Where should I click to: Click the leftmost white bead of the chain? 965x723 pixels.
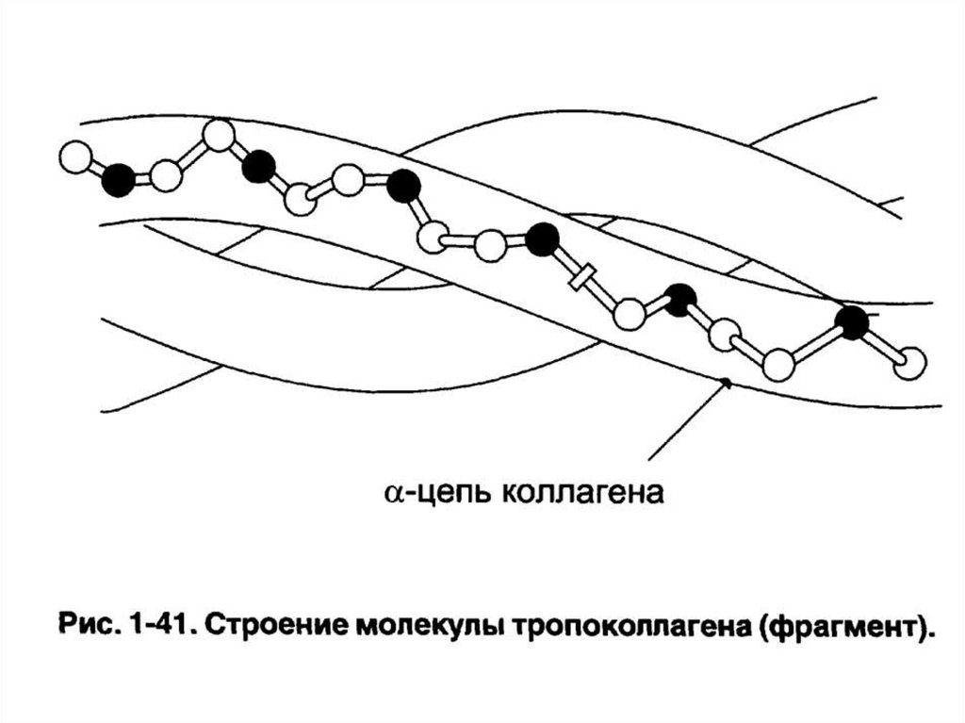[x=74, y=156]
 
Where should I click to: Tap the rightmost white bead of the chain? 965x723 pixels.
[x=909, y=363]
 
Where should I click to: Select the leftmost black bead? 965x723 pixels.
[x=119, y=179]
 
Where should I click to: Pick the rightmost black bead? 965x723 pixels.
[x=853, y=322]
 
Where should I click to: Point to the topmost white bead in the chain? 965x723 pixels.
[x=219, y=136]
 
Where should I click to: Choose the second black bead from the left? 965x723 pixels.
[x=258, y=168]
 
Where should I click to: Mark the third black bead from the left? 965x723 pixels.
[x=404, y=186]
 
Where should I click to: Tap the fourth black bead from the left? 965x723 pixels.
[x=542, y=239]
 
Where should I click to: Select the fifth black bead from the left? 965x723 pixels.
[x=679, y=300]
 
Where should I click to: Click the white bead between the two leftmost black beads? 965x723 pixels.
[x=166, y=174]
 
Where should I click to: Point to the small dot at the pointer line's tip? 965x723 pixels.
[x=725, y=382]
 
